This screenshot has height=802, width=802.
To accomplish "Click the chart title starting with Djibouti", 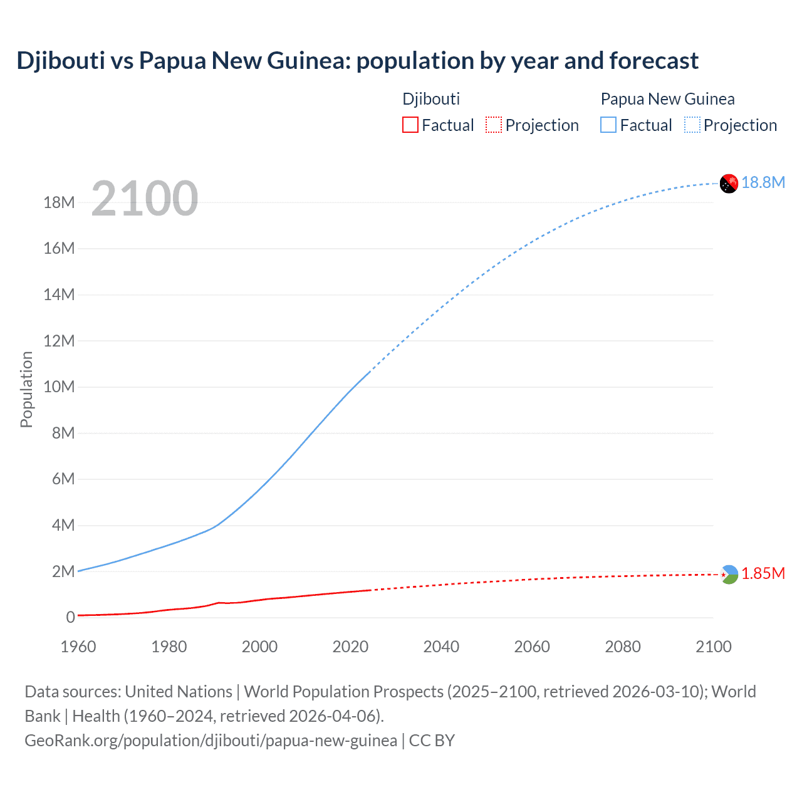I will coord(357,61).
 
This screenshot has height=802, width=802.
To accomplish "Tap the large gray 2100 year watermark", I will coord(145,199).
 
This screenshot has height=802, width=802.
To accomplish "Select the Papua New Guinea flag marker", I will coord(729,184).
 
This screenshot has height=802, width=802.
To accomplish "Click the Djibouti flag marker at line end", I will coord(729,575).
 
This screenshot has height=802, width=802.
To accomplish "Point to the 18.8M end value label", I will coord(763,182).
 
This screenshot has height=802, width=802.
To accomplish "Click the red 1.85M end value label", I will coord(763,574).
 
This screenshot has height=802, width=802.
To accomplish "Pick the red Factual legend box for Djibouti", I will coord(410,125).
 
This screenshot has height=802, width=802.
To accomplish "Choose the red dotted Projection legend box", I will coord(494,125).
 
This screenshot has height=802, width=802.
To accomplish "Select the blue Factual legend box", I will coord(608,125).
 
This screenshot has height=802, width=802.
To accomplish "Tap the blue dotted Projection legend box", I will coord(692,125).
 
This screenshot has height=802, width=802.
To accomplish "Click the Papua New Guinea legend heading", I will coord(667,99).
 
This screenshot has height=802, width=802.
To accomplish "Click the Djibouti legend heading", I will coord(431,99).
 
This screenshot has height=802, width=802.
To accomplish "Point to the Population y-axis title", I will coord(26,389).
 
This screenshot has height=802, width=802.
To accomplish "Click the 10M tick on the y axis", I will coord(59,387).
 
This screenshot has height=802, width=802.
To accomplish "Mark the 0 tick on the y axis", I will coord(70,618).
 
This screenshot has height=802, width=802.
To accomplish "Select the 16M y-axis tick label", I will coord(59,249).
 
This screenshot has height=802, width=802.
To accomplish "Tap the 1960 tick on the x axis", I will coord(78,647).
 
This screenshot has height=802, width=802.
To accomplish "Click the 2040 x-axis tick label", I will coord(441,647).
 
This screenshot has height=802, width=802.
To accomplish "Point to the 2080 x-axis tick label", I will coord(623,647).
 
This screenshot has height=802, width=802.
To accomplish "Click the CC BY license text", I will coord(432,741).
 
